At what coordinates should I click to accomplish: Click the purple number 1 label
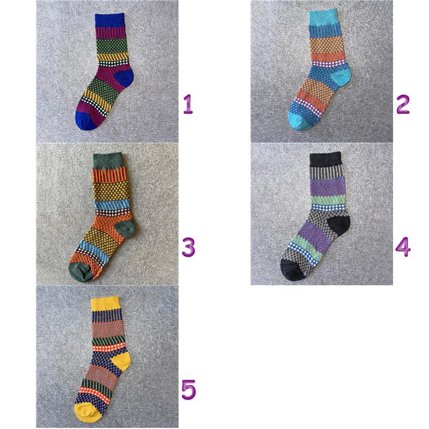click(188, 104)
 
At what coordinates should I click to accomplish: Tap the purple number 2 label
click(403, 104)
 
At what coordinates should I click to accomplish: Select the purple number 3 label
click(189, 247)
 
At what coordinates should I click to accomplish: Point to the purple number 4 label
click(403, 247)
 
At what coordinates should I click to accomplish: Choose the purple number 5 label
click(189, 390)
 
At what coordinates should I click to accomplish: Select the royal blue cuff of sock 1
click(110, 20)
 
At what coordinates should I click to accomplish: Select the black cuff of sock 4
click(326, 159)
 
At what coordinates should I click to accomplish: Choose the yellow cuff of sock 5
click(105, 303)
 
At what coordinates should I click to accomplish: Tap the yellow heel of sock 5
click(122, 361)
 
